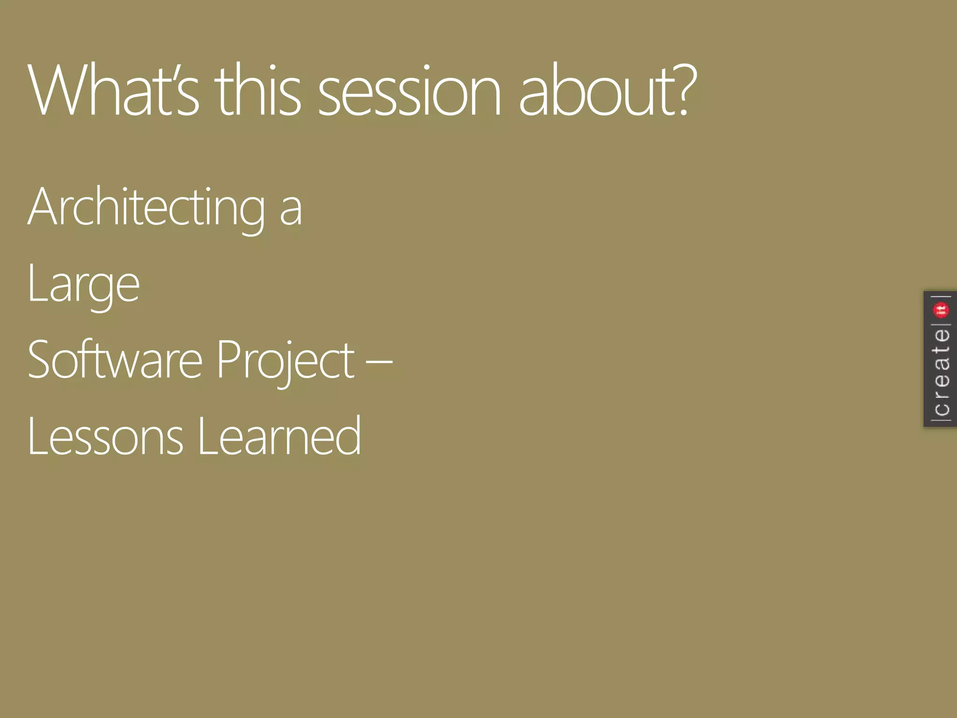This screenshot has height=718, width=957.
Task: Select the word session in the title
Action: coord(409,91)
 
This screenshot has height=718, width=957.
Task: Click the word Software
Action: coord(115,359)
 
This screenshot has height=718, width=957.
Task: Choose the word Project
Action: coord(285,360)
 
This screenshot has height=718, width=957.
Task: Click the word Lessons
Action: coord(105,437)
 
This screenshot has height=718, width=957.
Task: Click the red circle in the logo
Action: coord(941,309)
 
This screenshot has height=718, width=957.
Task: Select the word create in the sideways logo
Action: coord(941,372)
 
